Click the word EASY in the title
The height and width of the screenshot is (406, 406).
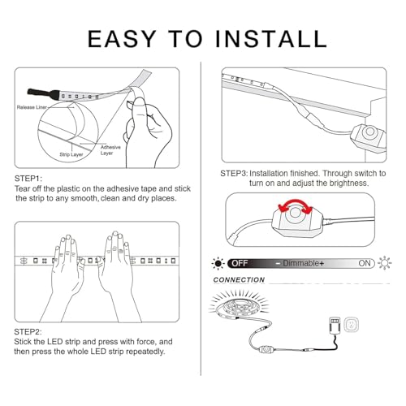(122, 39)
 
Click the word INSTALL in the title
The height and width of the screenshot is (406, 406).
(271, 39)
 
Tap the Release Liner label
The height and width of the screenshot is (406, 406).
(32, 107)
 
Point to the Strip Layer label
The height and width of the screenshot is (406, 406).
(71, 154)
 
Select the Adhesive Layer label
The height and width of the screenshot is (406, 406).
(110, 150)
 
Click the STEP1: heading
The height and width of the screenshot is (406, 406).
(28, 179)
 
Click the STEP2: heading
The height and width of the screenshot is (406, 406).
(28, 332)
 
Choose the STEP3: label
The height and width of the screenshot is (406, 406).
(234, 173)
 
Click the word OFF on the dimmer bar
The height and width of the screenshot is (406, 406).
(240, 263)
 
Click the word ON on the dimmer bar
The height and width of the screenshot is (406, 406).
(365, 263)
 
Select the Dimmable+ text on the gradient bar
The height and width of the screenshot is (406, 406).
(300, 263)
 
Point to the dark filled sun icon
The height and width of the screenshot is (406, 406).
(218, 263)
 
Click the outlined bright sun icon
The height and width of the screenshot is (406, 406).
(385, 263)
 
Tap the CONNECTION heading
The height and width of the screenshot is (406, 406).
(239, 280)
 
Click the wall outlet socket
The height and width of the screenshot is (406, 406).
(352, 325)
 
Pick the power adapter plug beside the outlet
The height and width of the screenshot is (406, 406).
(335, 326)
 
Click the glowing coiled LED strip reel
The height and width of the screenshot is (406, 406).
(239, 305)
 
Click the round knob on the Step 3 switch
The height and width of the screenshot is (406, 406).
(369, 132)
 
